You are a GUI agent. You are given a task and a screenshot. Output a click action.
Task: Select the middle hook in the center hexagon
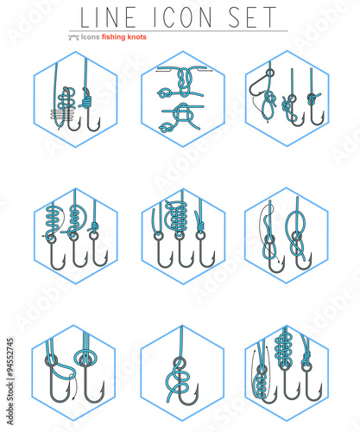(x=182, y=254)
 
